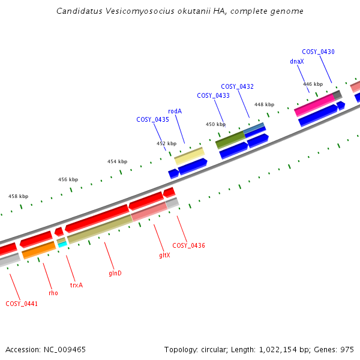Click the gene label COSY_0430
tap(318, 52)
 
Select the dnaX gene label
tap(296, 61)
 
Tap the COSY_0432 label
tap(237, 87)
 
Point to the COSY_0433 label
tap(213, 96)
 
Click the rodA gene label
tap(175, 111)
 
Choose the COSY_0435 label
tap(152, 120)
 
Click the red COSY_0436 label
tap(188, 246)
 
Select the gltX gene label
tap(164, 255)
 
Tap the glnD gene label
tap(115, 273)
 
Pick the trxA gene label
tap(76, 285)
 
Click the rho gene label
tap(53, 293)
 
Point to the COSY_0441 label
tap(22, 304)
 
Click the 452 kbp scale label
tap(167, 143)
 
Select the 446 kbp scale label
tap(313, 84)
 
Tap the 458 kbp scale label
tap(18, 196)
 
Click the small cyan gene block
tap(62, 245)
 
